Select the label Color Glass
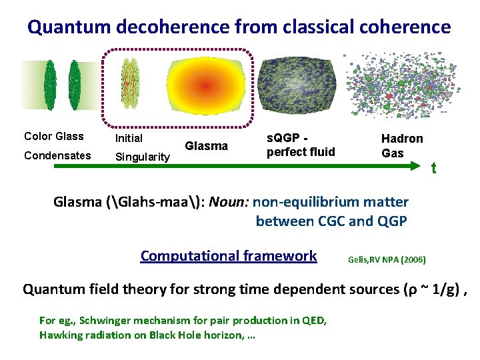click(54, 137)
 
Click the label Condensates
click(57, 155)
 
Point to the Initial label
click(129, 139)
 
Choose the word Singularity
click(143, 157)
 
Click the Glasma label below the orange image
click(206, 146)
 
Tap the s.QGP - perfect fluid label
click(301, 146)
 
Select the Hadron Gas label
click(402, 145)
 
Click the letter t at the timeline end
click(433, 169)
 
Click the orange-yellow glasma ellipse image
click(205, 87)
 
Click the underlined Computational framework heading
click(229, 255)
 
